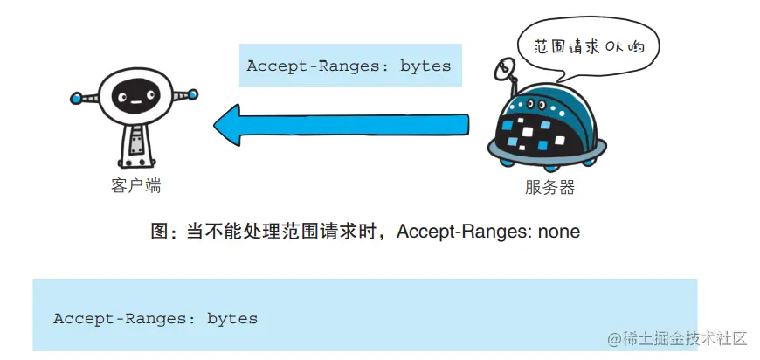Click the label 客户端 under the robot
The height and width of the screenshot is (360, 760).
point(136,186)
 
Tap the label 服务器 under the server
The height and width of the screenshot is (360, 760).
point(550,187)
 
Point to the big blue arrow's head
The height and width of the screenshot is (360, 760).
point(229,121)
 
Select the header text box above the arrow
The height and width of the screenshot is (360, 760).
point(349,66)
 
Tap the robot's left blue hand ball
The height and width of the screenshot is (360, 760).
point(76,98)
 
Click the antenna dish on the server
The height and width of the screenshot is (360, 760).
point(501,67)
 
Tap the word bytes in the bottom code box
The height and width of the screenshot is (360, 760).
point(232,318)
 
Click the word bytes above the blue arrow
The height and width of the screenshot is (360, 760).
point(425,66)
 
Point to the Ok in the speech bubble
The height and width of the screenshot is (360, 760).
point(613,46)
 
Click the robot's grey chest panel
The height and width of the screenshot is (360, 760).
point(135,141)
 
